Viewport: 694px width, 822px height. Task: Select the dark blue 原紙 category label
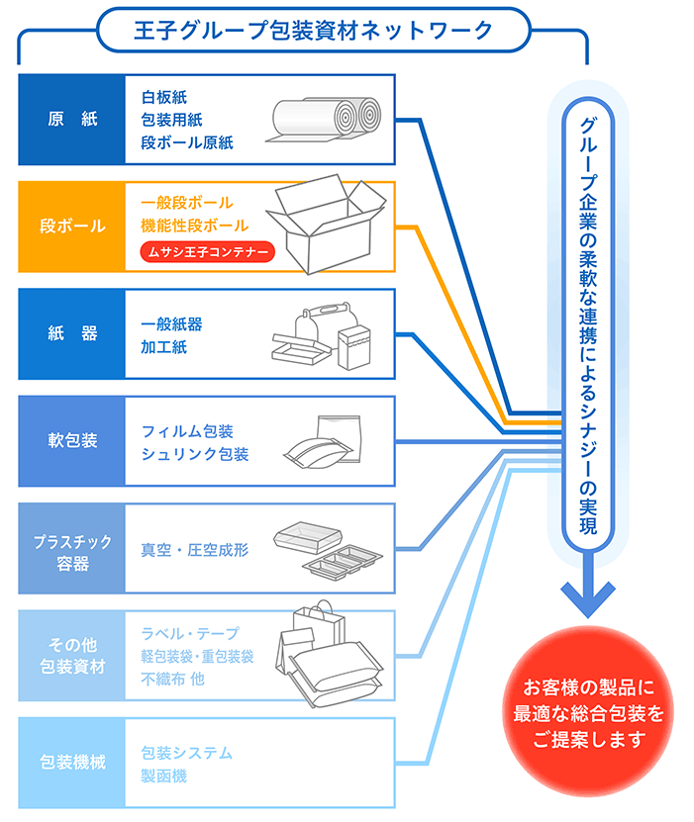(x=72, y=120)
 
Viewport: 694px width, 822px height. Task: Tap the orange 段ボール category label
(x=72, y=227)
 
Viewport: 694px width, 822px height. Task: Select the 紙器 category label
(x=72, y=334)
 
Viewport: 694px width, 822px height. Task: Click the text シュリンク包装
(x=195, y=454)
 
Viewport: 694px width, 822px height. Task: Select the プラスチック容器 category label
(x=72, y=549)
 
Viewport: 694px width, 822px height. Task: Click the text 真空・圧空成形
(x=195, y=549)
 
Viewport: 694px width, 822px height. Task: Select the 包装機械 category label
(x=72, y=764)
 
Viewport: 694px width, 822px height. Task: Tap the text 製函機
(x=163, y=776)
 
